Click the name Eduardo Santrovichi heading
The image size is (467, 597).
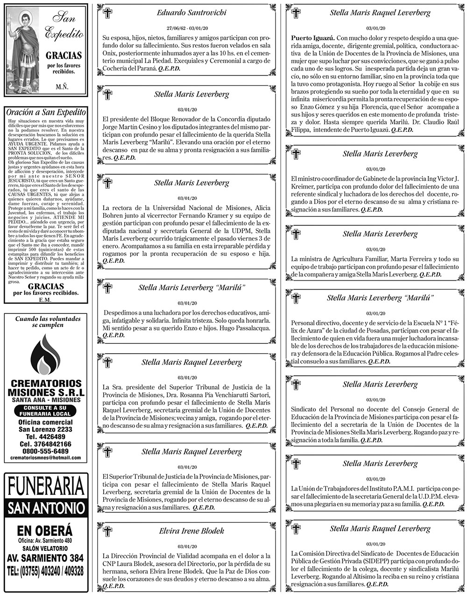coord(191,13)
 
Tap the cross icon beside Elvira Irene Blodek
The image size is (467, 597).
coord(107,532)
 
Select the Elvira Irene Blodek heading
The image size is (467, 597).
coord(191,531)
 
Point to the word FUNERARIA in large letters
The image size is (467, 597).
coord(46,487)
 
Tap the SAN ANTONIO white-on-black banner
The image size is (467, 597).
coord(46,508)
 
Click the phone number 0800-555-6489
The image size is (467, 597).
coord(45,451)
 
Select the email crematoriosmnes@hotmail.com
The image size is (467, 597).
coord(45,458)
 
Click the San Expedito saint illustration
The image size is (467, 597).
coord(23,49)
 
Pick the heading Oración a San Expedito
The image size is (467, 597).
coord(46,112)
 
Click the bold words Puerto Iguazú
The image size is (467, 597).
coord(311,37)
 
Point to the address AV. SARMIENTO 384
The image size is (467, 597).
coord(46,558)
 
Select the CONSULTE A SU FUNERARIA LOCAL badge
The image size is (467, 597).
coord(45,411)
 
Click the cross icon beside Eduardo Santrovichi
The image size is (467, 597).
coord(107,13)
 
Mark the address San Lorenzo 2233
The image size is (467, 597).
coord(45,429)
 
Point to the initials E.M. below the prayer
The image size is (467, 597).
coord(45,299)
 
